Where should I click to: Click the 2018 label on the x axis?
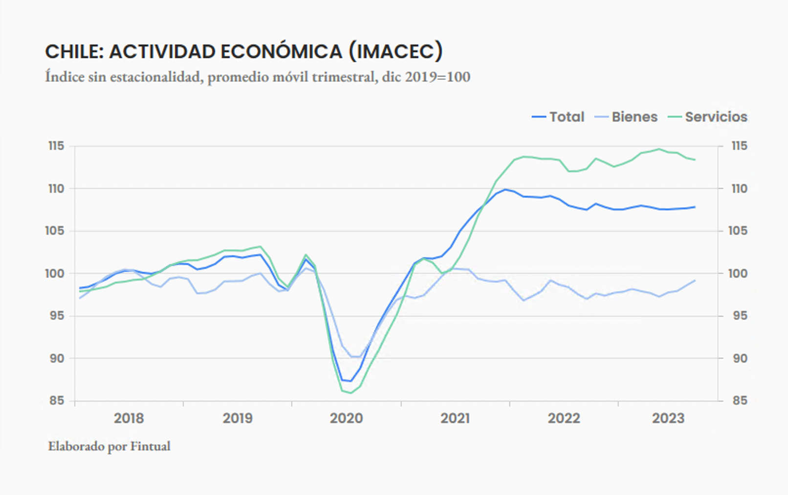click(x=129, y=418)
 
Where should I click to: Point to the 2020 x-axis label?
click(x=346, y=418)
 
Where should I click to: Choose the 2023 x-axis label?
click(x=668, y=418)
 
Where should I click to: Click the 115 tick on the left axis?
click(x=56, y=146)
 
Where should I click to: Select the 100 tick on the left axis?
click(x=55, y=273)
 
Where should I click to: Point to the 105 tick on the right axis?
click(x=738, y=231)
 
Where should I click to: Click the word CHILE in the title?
click(x=73, y=52)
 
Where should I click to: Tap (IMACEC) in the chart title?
click(x=395, y=52)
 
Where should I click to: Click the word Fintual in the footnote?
click(x=151, y=446)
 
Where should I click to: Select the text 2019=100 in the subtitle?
click(x=438, y=77)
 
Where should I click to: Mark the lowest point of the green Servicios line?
click(x=350, y=393)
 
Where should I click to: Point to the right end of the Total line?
click(x=695, y=207)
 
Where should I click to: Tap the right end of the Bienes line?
click(x=695, y=281)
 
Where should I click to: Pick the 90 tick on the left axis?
click(x=56, y=358)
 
